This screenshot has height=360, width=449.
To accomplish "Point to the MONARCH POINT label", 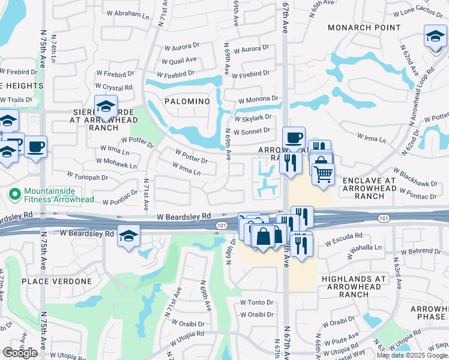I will click(x=364, y=28).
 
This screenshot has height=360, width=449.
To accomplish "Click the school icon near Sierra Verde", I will click(x=106, y=107).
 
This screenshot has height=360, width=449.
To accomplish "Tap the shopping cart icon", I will click(x=323, y=174).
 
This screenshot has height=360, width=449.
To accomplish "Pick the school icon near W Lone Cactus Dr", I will click(x=435, y=37).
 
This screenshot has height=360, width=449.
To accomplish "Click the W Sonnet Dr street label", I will click(x=253, y=130).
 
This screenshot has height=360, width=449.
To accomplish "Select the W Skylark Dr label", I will click(x=253, y=118).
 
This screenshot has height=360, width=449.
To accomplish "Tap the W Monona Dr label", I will click(x=258, y=99).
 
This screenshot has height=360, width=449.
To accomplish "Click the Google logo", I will click(x=20, y=353).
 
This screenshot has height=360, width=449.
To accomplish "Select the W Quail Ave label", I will click(x=181, y=60).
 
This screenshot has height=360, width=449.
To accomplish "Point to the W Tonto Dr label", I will click(x=257, y=302).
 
